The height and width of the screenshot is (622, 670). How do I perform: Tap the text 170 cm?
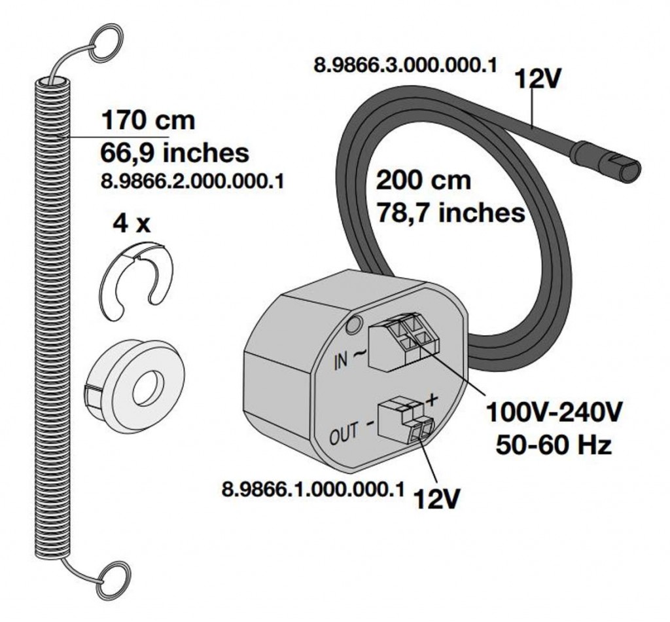pos(147,121)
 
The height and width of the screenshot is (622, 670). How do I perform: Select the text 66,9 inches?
pos(175,153)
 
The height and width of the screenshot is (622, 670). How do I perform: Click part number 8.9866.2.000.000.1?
pos(192,181)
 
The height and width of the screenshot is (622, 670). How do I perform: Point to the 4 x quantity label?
pos(131,224)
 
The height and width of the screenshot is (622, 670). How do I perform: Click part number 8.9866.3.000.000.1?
pos(405,66)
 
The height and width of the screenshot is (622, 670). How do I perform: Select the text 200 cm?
pos(423,179)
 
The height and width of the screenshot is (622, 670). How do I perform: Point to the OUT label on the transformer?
pos(344,432)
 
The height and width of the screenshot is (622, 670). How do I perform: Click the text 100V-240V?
pos(554,413)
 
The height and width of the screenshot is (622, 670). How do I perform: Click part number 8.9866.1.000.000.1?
pos(313,490)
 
